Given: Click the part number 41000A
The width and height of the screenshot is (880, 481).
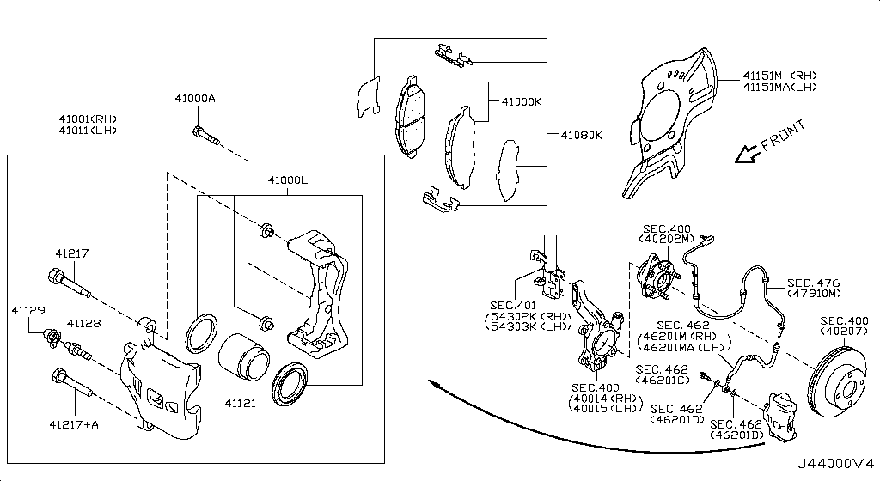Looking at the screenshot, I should [x=197, y=100].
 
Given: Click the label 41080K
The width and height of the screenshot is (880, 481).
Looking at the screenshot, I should [x=582, y=135].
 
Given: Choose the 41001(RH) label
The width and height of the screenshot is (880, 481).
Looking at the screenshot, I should [x=88, y=119].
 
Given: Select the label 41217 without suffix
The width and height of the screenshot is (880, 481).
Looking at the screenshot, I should [x=72, y=254].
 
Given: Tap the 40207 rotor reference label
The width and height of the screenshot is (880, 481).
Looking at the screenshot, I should [x=846, y=330].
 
